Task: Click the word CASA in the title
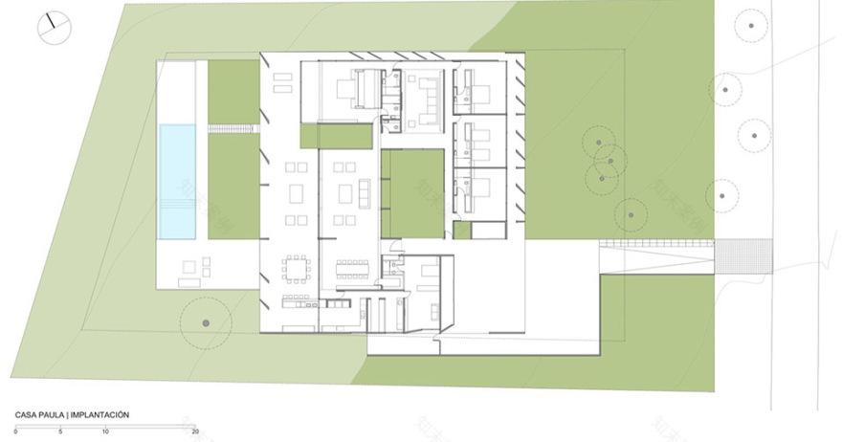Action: click(x=26, y=415)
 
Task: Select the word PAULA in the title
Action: click(x=54, y=415)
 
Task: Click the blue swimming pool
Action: click(x=177, y=182)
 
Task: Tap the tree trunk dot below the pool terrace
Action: click(x=205, y=324)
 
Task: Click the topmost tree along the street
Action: click(x=752, y=27)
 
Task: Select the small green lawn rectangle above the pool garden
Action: click(x=233, y=92)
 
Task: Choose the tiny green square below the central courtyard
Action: click(x=462, y=231)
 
